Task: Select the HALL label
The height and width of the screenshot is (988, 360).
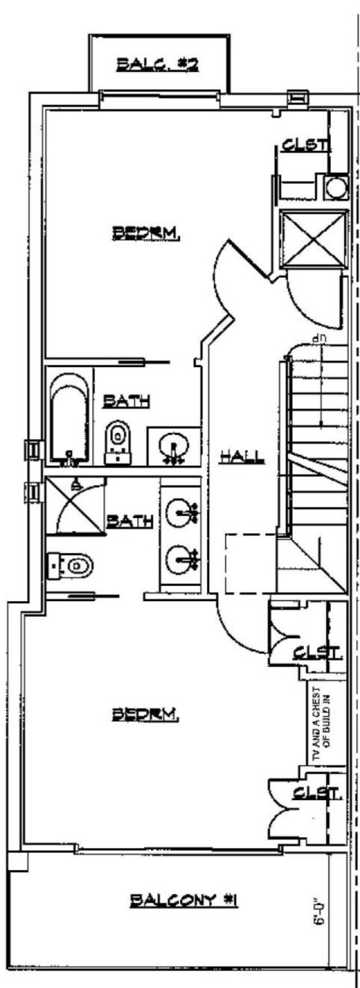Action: pos(242,456)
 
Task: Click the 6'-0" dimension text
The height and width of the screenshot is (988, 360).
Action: pos(320,909)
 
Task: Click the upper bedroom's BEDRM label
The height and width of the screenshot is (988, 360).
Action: pos(148,232)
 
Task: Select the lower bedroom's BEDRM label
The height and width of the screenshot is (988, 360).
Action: pos(148,715)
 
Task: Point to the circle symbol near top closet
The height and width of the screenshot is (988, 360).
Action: pos(336,188)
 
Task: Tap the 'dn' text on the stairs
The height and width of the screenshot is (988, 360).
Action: pos(319,339)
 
